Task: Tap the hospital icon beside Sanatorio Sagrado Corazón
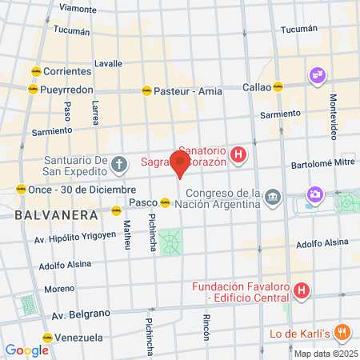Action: tap(238, 154)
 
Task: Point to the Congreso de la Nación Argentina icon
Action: tap(273, 196)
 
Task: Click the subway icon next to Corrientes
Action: tap(35, 70)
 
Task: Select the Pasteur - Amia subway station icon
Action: tap(146, 90)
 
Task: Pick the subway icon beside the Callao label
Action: tap(278, 86)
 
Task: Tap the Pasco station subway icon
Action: tap(165, 202)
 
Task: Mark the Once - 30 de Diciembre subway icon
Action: tap(20, 189)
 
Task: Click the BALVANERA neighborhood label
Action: tap(56, 214)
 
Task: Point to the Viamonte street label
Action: tap(77, 9)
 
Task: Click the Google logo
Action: tap(26, 350)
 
